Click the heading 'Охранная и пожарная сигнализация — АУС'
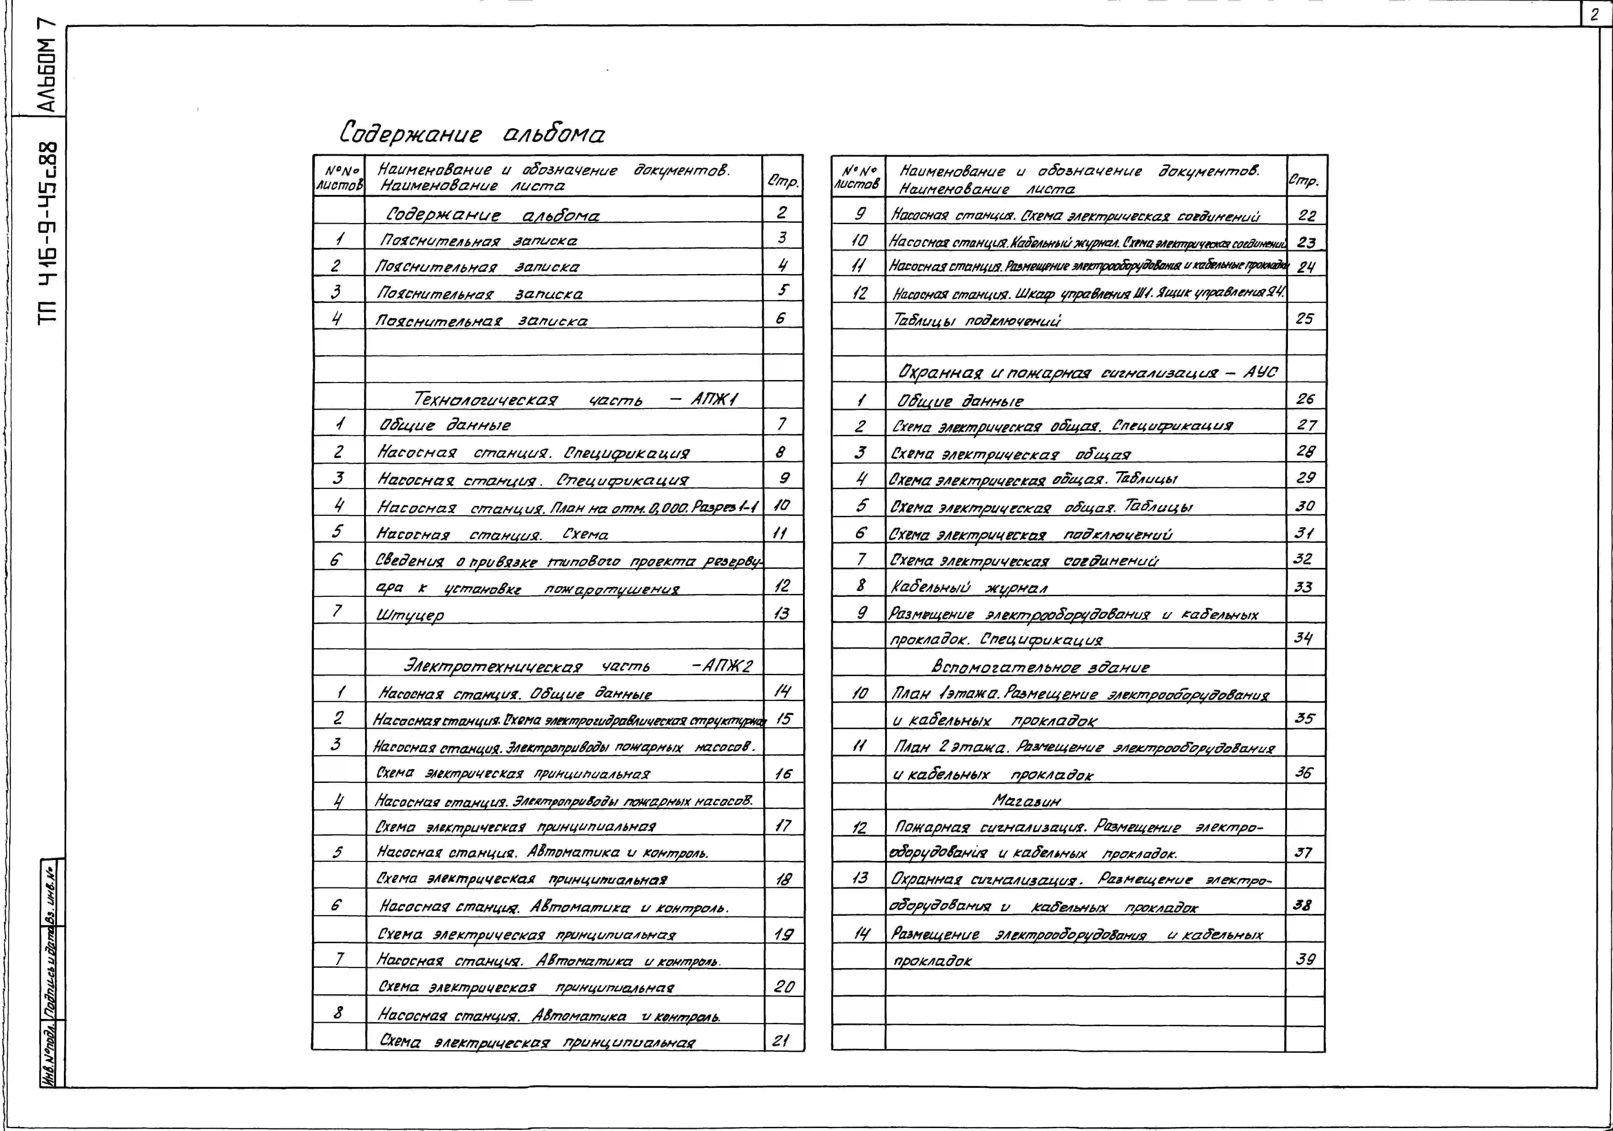click(1087, 372)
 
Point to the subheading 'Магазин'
click(1026, 800)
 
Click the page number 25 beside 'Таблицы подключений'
click(1304, 318)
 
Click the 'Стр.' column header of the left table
click(783, 181)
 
